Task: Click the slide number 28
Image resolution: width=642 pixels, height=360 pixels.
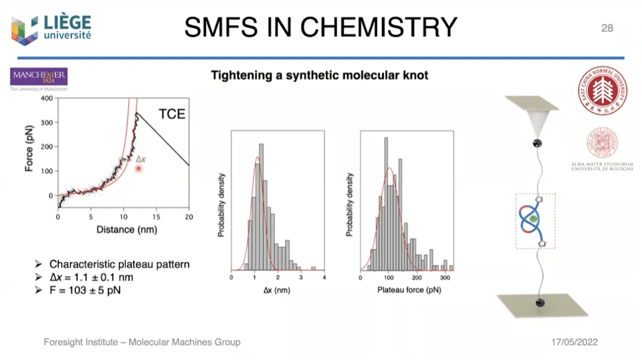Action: tap(607, 27)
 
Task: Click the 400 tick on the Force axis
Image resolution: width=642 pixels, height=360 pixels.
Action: tap(45, 98)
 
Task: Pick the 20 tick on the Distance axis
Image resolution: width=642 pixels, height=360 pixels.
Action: tap(188, 216)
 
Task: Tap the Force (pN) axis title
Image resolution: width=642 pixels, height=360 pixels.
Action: tap(29, 147)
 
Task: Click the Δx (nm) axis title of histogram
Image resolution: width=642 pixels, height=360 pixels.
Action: tap(277, 289)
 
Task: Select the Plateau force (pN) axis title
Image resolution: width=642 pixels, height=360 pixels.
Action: tap(407, 289)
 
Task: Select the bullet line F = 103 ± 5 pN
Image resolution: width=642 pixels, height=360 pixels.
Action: tap(90, 289)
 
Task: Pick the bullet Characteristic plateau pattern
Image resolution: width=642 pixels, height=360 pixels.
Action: tap(119, 264)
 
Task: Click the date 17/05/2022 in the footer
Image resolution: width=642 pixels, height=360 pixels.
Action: tap(575, 343)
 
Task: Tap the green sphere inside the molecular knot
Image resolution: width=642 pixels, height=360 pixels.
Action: tap(533, 219)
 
